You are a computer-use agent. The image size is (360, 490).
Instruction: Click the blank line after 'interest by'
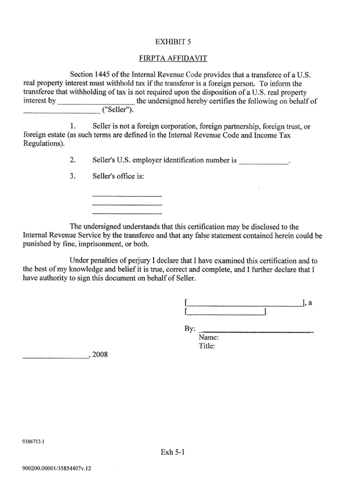coord(96,102)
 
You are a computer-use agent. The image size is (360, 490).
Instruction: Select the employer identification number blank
coord(264,161)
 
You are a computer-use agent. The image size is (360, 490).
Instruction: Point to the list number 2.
coord(73,160)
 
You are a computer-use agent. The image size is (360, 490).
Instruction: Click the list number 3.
coord(73,176)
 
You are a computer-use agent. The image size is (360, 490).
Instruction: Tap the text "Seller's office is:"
coord(118,176)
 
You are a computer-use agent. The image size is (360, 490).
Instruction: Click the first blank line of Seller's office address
coord(127,195)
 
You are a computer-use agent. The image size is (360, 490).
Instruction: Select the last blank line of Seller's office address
coord(127,213)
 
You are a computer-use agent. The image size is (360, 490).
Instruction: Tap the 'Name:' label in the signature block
coord(209,338)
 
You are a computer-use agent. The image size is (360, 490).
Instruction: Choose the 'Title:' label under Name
coord(208,346)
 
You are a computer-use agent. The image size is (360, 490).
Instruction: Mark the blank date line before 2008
coord(56,356)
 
